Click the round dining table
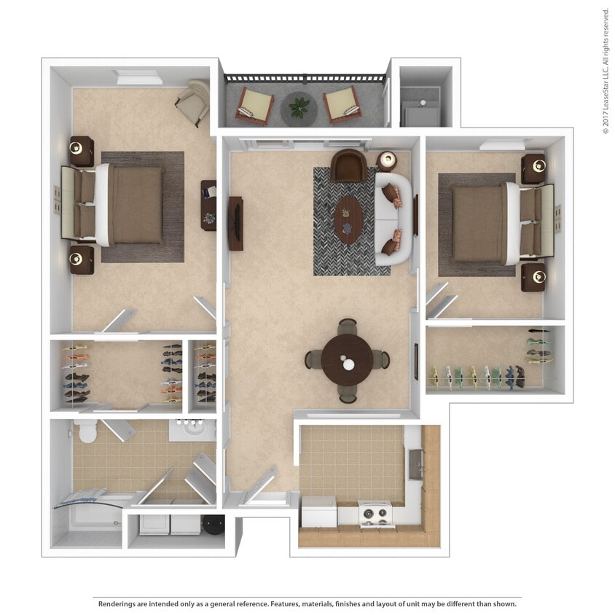coord(348,360)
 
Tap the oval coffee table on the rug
coord(348,219)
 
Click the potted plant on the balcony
coord(299,108)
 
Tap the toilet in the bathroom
coord(87,431)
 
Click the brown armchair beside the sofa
coord(349,165)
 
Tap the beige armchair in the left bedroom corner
coord(192,101)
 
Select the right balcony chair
coord(341,105)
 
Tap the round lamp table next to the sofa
coord(387,160)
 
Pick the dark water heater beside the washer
coord(214,525)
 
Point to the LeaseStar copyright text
coord(606,73)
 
